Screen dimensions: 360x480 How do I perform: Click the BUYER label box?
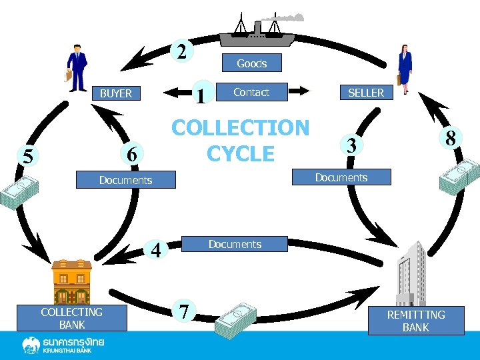[116, 93]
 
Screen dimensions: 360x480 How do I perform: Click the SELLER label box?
[366, 93]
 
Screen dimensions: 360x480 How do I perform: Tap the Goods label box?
[251, 63]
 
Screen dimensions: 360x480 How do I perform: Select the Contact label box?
[251, 92]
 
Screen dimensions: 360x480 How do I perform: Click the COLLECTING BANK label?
[71, 319]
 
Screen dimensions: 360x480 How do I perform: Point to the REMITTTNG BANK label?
[415, 321]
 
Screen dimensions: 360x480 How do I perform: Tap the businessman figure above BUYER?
[77, 67]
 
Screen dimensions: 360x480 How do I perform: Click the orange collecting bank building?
[71, 281]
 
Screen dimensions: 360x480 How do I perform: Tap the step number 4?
[156, 251]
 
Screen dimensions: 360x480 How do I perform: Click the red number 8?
[451, 139]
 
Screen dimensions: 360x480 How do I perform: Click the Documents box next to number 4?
[235, 244]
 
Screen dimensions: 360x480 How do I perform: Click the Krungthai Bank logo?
[63, 345]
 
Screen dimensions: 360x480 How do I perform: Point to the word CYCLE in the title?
[241, 153]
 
